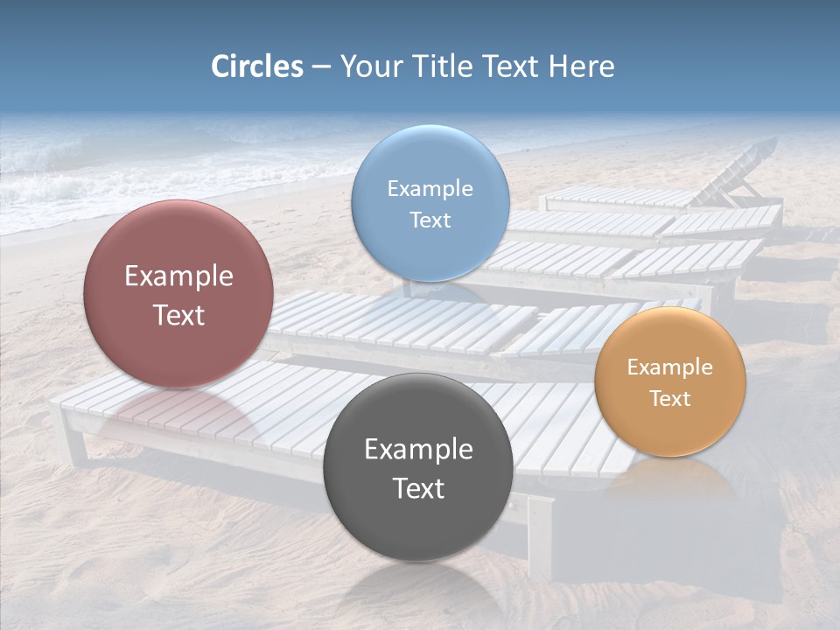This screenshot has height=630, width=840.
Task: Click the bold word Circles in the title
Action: (x=256, y=66)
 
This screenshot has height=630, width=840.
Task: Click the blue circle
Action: (x=430, y=254)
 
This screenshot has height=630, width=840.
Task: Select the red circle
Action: (x=178, y=350)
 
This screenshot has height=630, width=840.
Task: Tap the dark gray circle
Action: (x=417, y=525)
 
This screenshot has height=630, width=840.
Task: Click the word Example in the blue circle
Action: (x=430, y=189)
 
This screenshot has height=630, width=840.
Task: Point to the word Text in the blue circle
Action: (x=430, y=220)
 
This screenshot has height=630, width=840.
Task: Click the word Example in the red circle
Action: (x=178, y=276)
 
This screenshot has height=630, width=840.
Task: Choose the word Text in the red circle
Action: (x=178, y=315)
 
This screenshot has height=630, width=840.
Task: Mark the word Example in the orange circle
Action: (x=669, y=367)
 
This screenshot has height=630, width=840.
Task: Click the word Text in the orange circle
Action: (x=669, y=399)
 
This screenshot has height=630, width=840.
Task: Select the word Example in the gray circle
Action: (x=418, y=450)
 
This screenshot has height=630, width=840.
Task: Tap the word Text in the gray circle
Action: (x=418, y=488)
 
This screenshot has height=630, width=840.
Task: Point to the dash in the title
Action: (x=321, y=67)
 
